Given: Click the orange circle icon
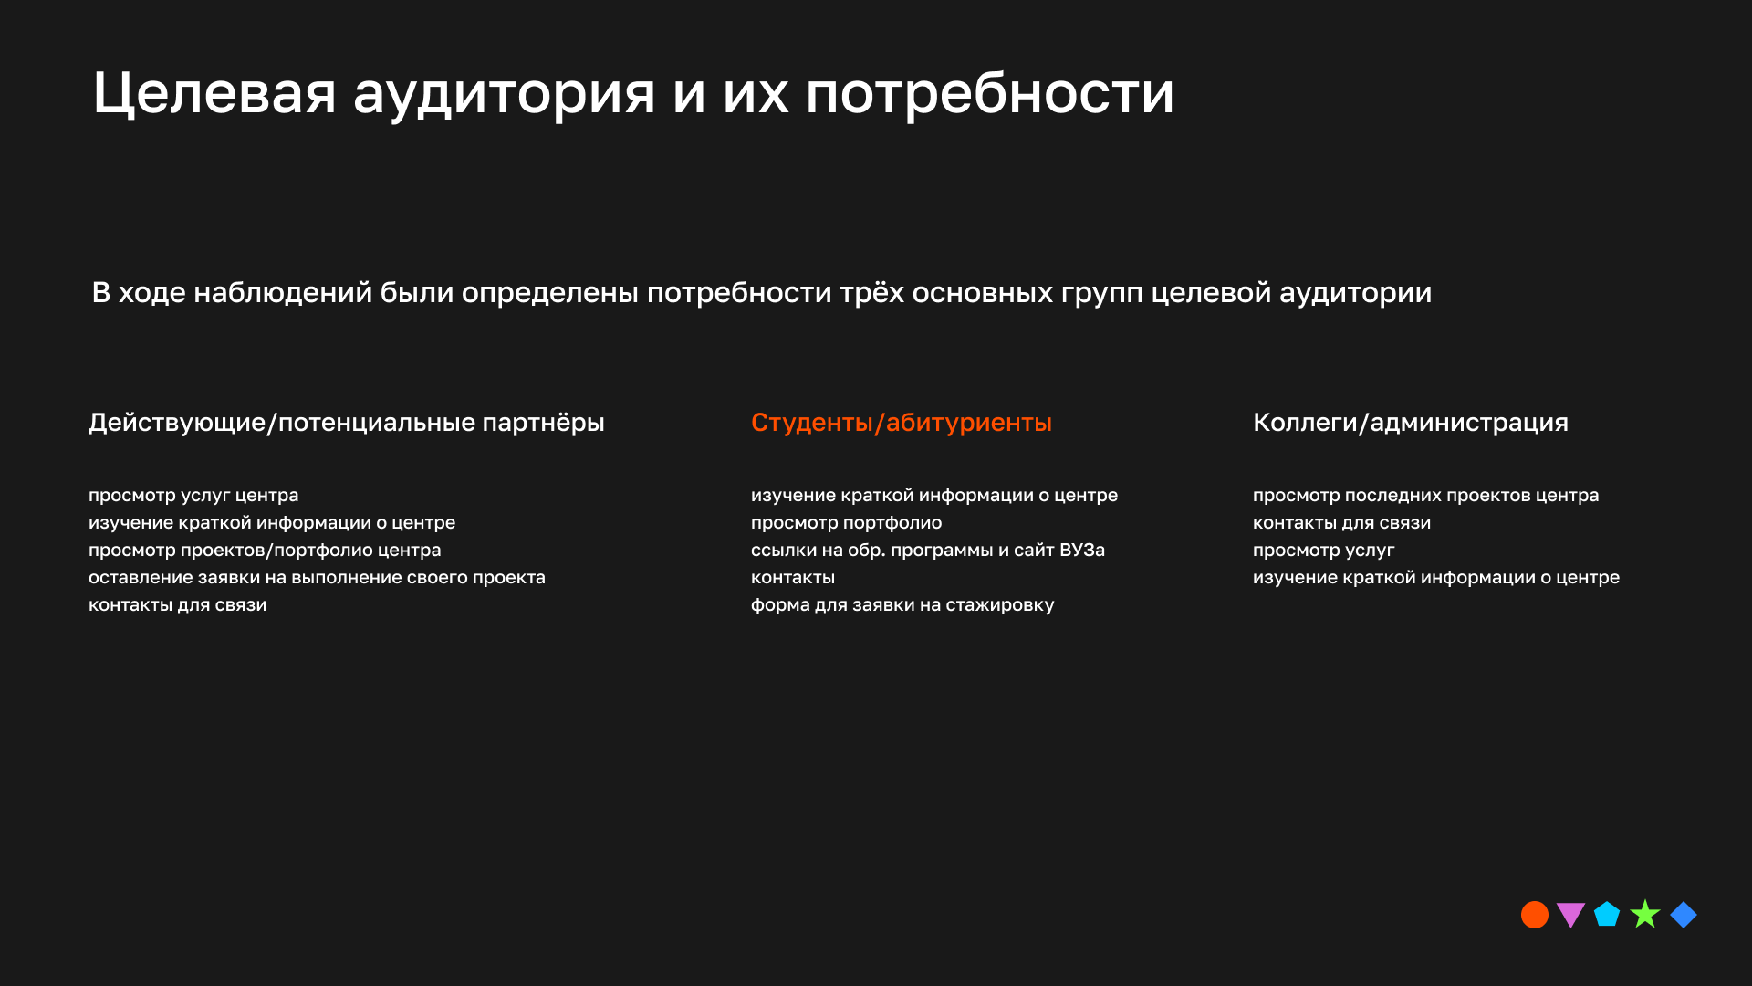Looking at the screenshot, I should (x=1535, y=915).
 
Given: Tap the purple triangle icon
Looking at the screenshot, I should (x=1570, y=914).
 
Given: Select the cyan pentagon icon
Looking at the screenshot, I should (x=1607, y=915).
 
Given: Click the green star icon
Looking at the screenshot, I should (x=1645, y=914).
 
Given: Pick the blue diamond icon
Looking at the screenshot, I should (x=1684, y=915).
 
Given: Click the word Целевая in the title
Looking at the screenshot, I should (x=214, y=93).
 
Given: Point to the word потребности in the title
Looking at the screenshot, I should (x=989, y=95).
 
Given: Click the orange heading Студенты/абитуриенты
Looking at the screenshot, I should (x=901, y=423).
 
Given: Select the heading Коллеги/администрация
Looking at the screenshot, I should (x=1410, y=423).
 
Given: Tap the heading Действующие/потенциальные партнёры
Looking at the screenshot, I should (x=346, y=423).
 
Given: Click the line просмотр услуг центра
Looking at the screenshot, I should (x=193, y=496).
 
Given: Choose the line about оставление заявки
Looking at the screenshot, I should (x=317, y=578).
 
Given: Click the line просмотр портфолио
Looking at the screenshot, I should (x=846, y=523).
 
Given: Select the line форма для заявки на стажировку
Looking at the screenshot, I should (x=902, y=605).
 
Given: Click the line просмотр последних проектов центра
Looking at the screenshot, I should (x=1425, y=496).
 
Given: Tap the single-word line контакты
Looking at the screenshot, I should (x=792, y=578).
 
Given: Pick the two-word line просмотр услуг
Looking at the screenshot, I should (x=1323, y=551).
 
